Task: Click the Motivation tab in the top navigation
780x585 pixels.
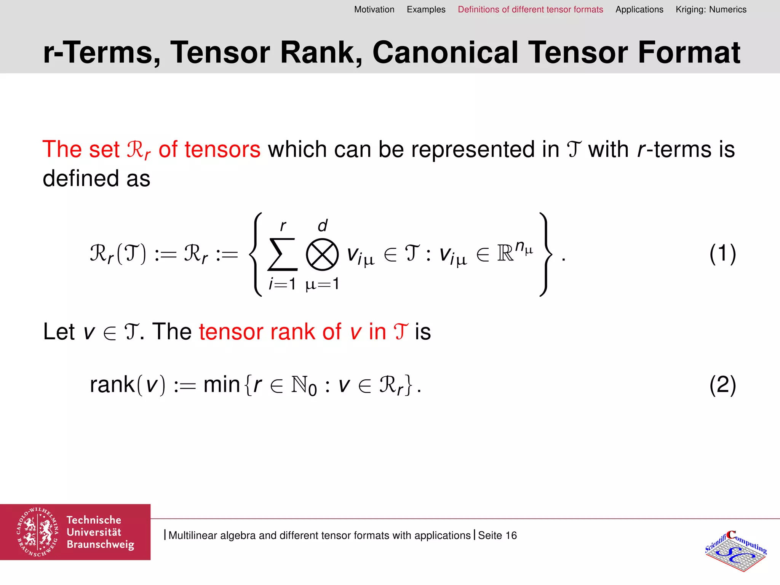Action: (x=374, y=10)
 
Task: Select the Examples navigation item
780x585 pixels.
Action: (x=426, y=10)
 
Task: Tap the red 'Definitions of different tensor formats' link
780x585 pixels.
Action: (x=530, y=10)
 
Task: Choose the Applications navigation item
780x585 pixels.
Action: (x=639, y=10)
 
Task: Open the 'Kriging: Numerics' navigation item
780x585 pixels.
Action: (x=711, y=10)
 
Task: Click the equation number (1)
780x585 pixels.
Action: (x=722, y=254)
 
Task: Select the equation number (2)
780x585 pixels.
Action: (x=722, y=385)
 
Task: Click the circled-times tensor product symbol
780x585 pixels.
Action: (x=322, y=254)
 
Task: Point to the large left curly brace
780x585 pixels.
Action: (x=256, y=254)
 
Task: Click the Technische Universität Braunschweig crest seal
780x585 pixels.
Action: (x=37, y=532)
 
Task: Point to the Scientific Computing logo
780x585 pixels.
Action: (x=736, y=550)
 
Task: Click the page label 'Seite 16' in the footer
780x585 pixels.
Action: (x=497, y=535)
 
